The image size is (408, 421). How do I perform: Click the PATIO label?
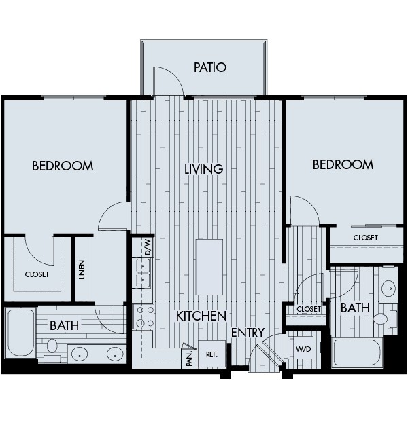pos(209,67)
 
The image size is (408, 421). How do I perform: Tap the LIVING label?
pos(203,168)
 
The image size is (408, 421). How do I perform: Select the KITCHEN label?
pos(201,316)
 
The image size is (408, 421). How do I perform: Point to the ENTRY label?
pos(247,332)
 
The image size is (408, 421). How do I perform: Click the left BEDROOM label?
pos(63,166)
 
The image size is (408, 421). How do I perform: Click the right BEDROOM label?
pos(343,164)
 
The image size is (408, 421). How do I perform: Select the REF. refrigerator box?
pos(211,354)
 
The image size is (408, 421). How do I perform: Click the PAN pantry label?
pos(188,359)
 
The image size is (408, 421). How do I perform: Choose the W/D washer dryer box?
pos(302,349)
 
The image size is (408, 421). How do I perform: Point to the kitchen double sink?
pos(143,279)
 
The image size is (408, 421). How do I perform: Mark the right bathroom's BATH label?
pos(354,308)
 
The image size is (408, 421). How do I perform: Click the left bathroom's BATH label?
pos(63,325)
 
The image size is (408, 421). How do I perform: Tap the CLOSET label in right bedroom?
pos(365,238)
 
